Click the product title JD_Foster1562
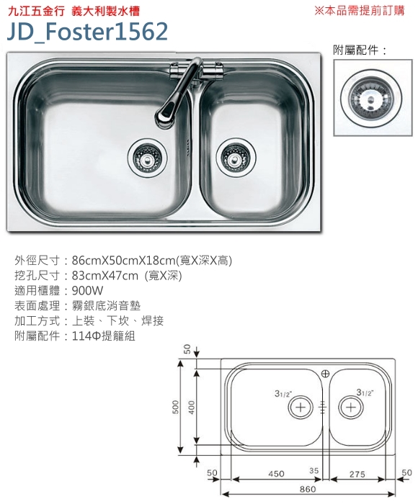coord(87,32)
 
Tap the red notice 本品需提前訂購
coord(364,11)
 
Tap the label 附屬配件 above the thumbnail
coord(356,50)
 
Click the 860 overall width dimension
coord(308,489)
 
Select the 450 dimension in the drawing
coord(277,474)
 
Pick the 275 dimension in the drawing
coord(357,474)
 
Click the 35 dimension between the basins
coord(313,471)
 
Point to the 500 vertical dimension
coord(176,407)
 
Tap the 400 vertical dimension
coord(192,407)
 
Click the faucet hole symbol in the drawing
coord(325,374)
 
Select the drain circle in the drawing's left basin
coord(301,408)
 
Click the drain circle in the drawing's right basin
coord(351,408)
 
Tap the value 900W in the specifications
coord(87,291)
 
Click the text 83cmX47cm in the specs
coord(105,276)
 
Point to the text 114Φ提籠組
coord(104,336)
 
